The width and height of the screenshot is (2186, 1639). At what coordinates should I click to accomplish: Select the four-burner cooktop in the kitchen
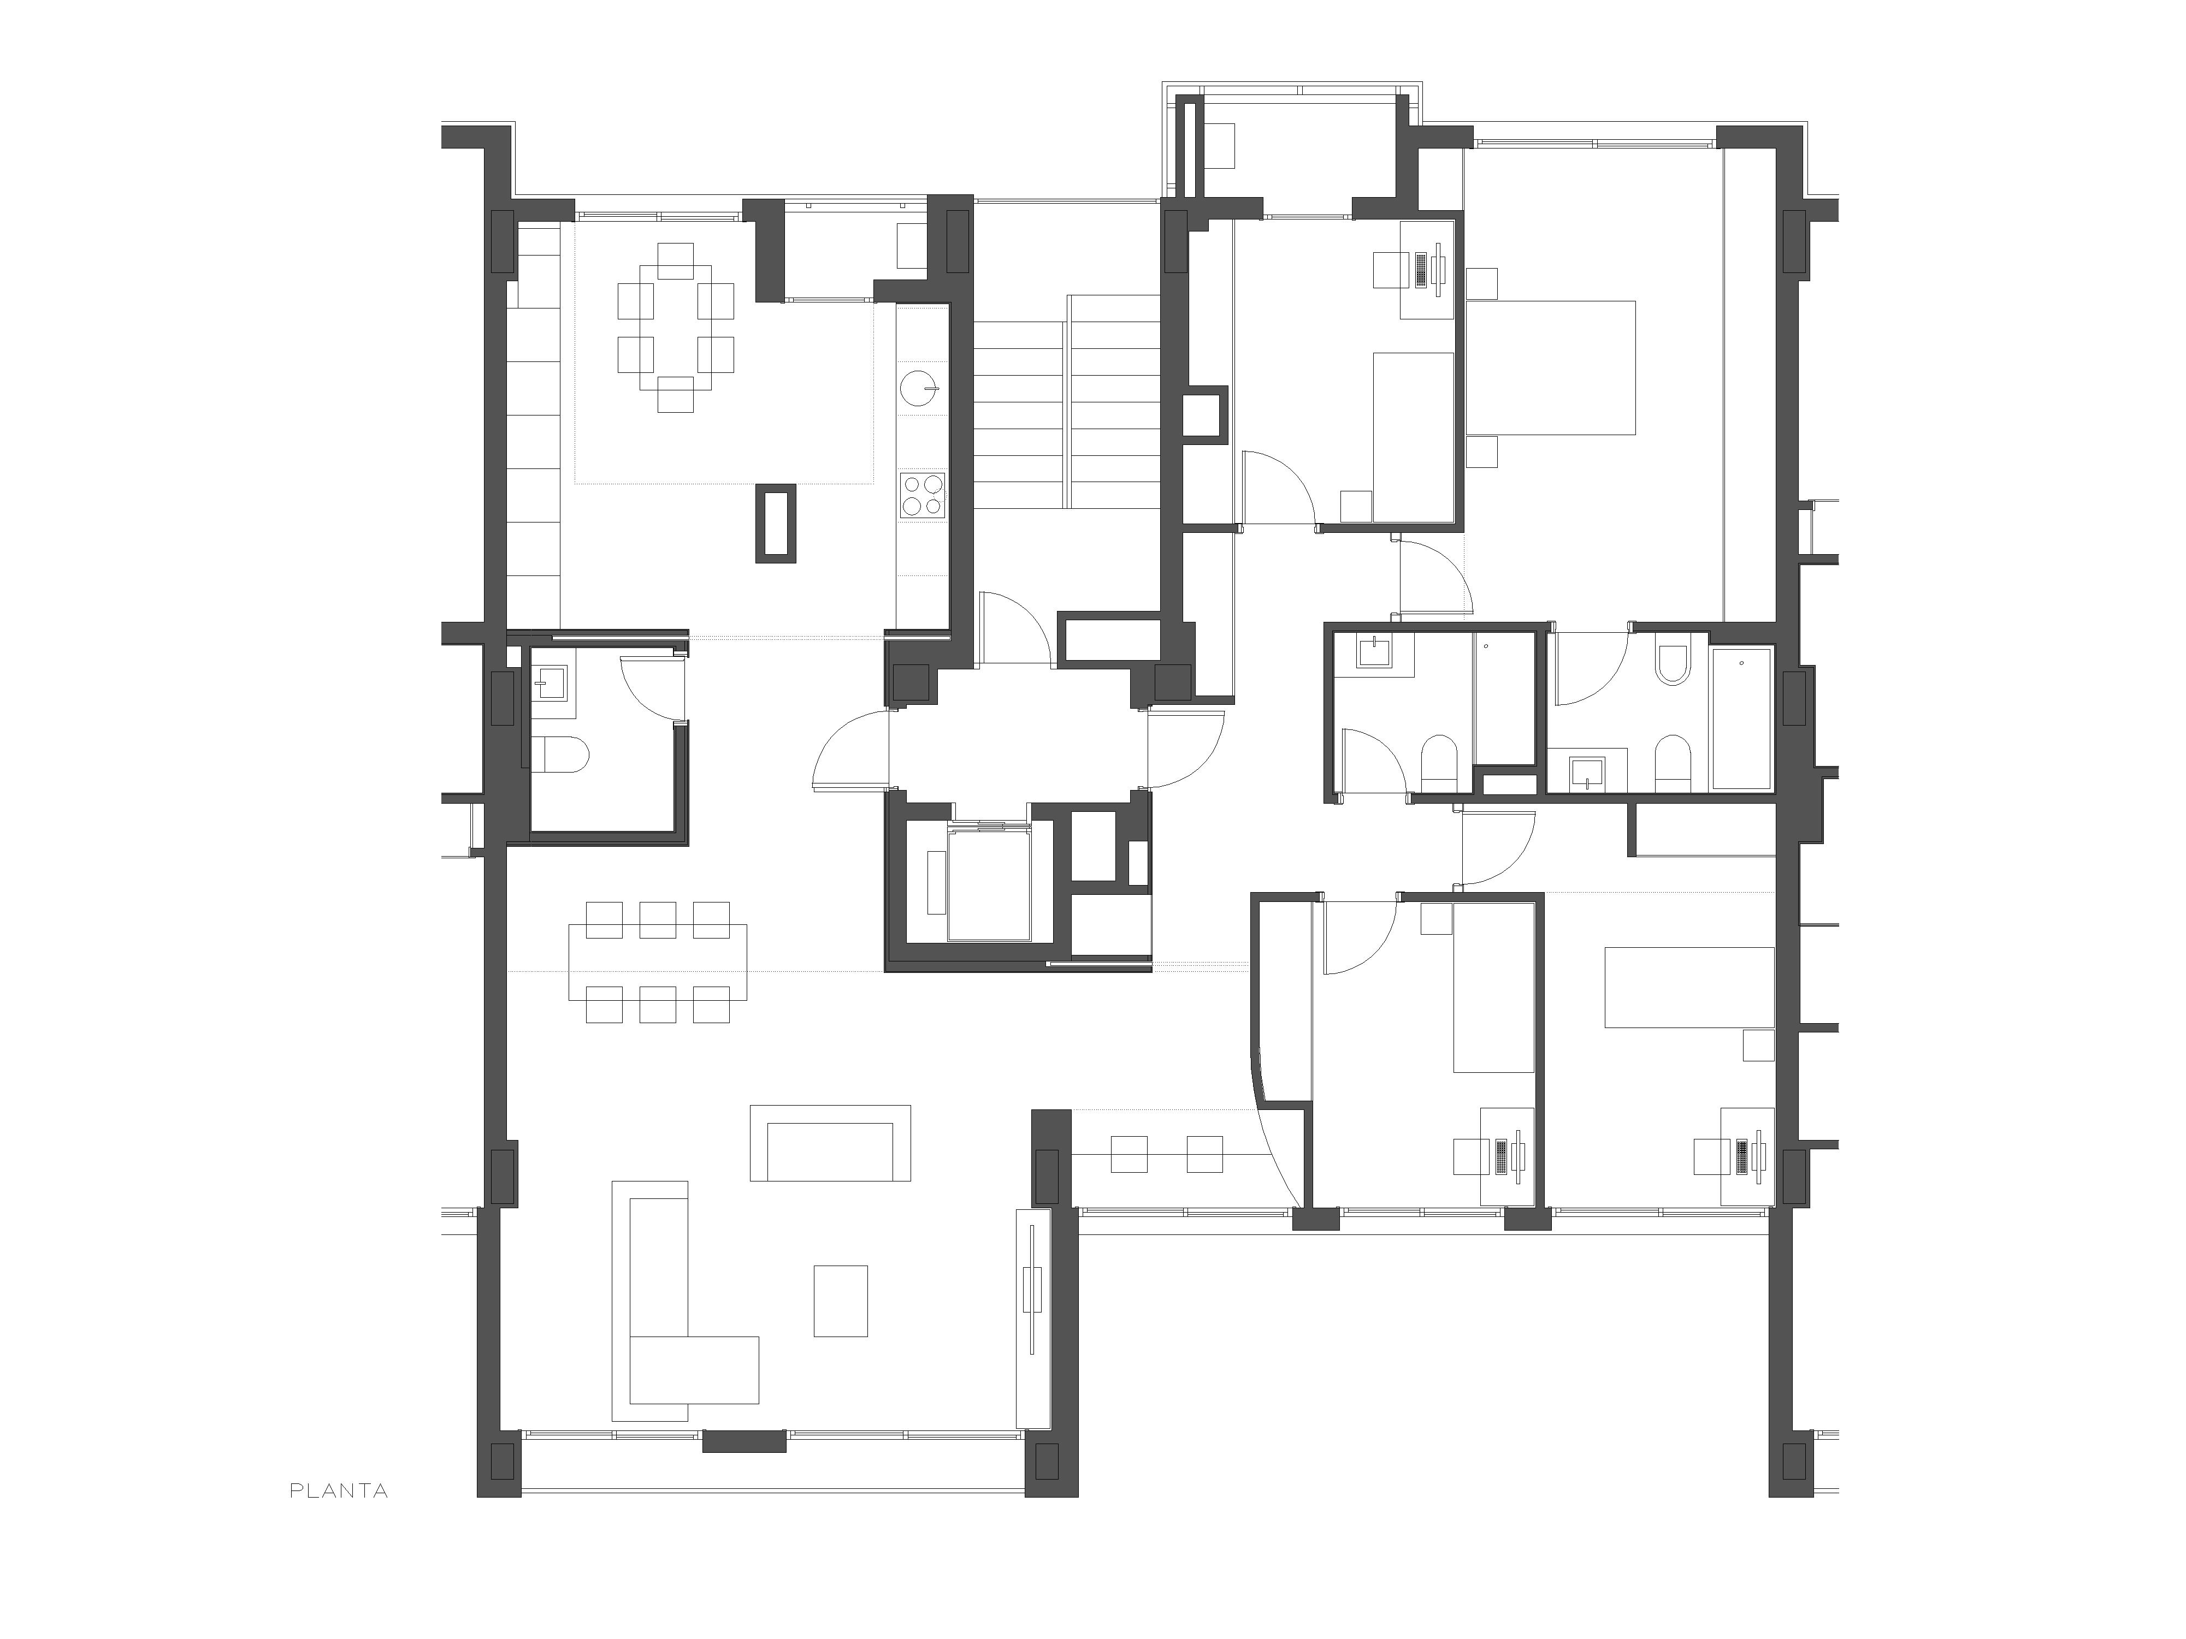(922, 496)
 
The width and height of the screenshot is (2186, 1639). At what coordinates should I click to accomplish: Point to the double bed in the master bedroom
(1551, 367)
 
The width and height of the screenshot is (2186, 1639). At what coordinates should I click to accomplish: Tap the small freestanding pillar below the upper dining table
(776, 524)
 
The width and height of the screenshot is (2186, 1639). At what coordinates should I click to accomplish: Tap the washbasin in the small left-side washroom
(552, 682)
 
